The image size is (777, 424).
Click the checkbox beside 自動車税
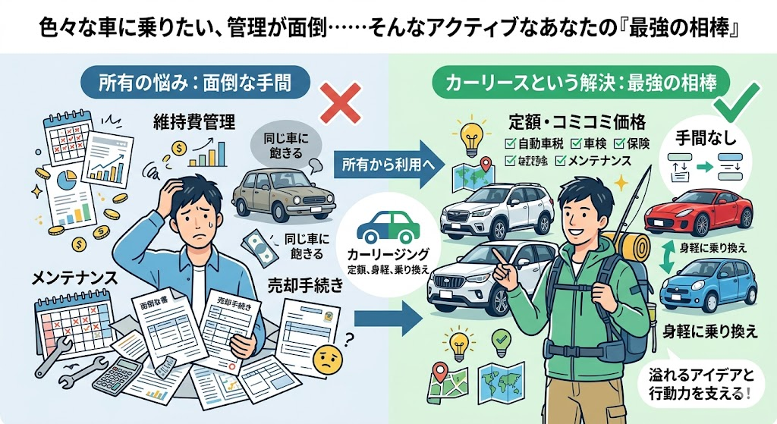click(x=510, y=143)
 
